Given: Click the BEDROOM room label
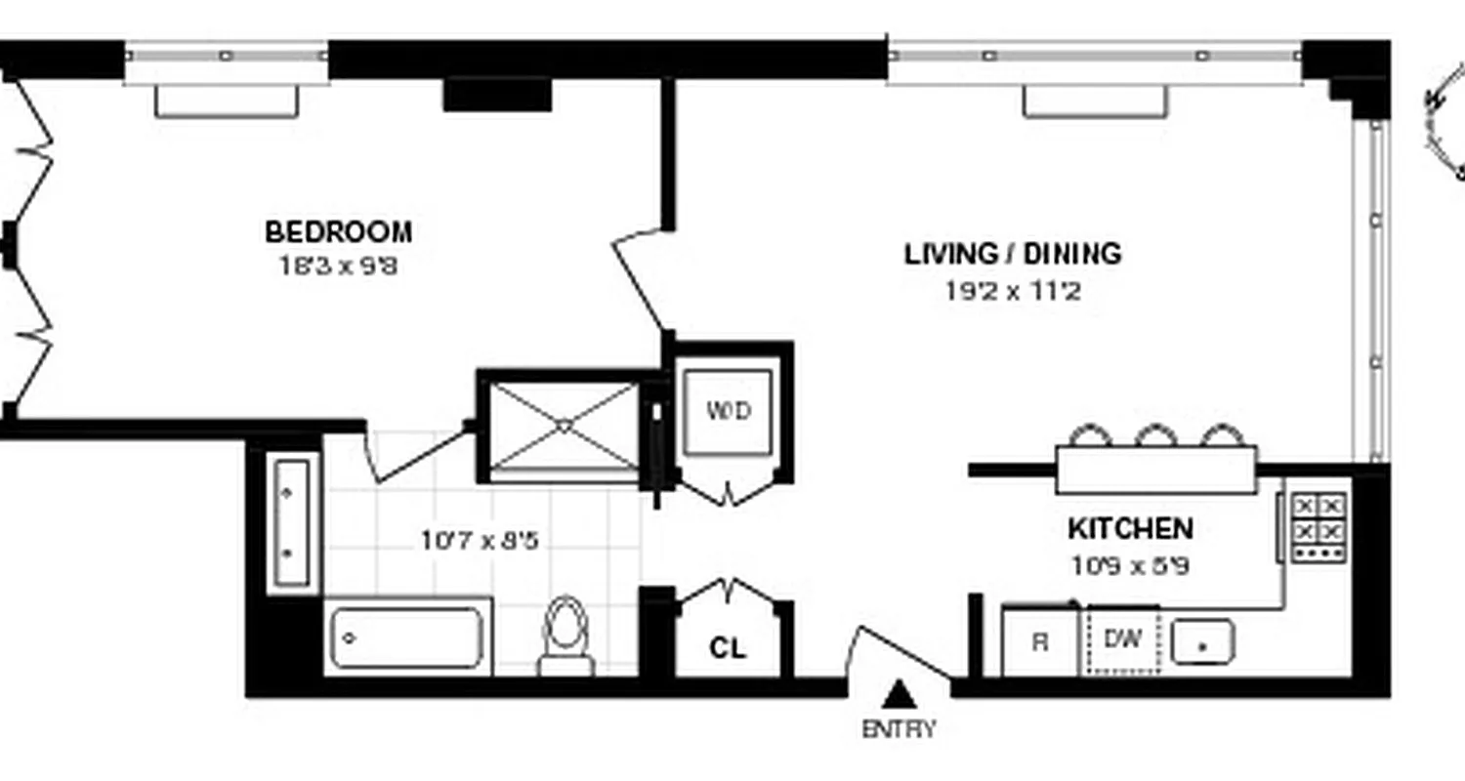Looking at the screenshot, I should pyautogui.click(x=338, y=232).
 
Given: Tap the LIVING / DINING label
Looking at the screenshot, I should pyautogui.click(x=1013, y=254).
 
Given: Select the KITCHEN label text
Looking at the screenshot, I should pyautogui.click(x=1129, y=529).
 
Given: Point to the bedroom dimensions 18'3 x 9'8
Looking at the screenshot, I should pyautogui.click(x=338, y=265).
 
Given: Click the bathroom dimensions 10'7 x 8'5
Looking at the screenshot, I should pyautogui.click(x=480, y=540).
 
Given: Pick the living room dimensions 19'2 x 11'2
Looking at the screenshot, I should pyautogui.click(x=1013, y=290).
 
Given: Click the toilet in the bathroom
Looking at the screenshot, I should pyautogui.click(x=565, y=635).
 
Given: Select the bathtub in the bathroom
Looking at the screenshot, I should pyautogui.click(x=407, y=638).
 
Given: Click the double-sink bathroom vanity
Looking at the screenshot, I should pyautogui.click(x=291, y=523).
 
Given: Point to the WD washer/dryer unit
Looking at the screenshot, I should pyautogui.click(x=729, y=411).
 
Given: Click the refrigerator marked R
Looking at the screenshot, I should pyautogui.click(x=1040, y=642).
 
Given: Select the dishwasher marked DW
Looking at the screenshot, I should pyautogui.click(x=1123, y=640).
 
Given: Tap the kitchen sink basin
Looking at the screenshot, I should pyautogui.click(x=1202, y=642).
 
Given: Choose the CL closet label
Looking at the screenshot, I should pyautogui.click(x=728, y=648).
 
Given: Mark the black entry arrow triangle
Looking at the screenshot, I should pyautogui.click(x=899, y=695).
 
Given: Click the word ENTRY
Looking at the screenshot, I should pyautogui.click(x=898, y=729).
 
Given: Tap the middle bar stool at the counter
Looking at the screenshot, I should pyautogui.click(x=1155, y=436).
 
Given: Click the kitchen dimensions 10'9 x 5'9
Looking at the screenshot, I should pyautogui.click(x=1129, y=566).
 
